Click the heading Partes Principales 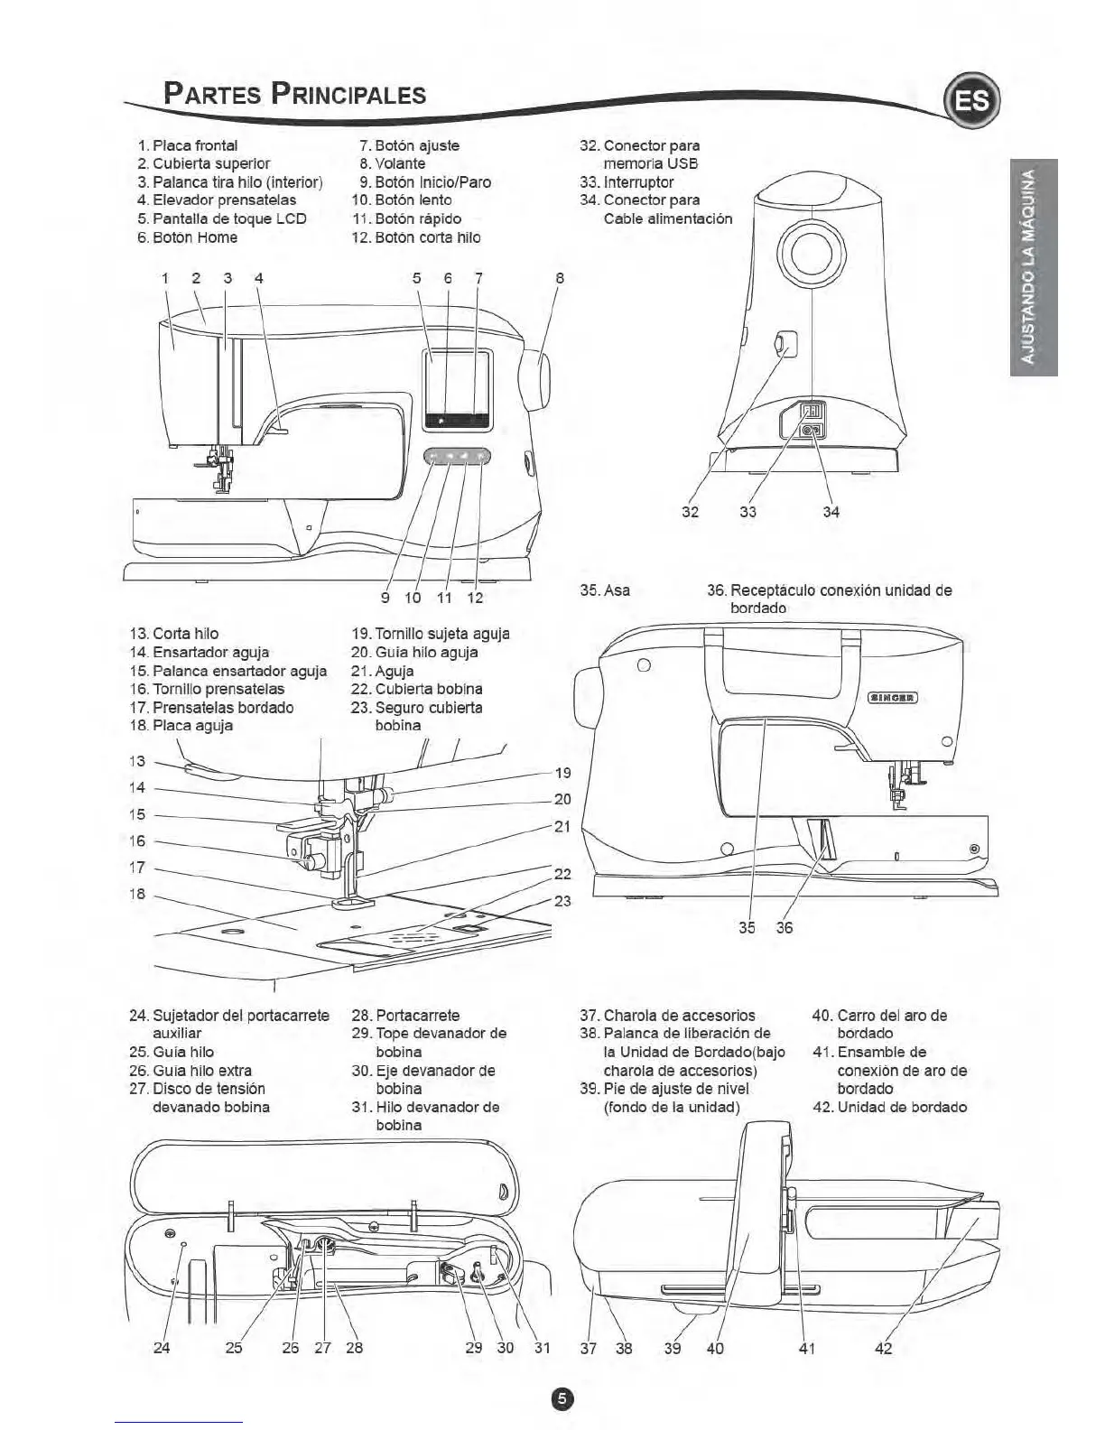pyautogui.click(x=294, y=94)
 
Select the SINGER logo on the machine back pyautogui.click(x=892, y=697)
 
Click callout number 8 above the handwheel pyautogui.click(x=560, y=278)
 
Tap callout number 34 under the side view pyautogui.click(x=831, y=512)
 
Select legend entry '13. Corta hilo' pyautogui.click(x=174, y=634)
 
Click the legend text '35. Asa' pyautogui.click(x=604, y=590)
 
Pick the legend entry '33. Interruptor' pyautogui.click(x=627, y=181)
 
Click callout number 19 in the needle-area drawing pyautogui.click(x=562, y=773)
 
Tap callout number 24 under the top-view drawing pyautogui.click(x=161, y=1348)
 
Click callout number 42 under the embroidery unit pyautogui.click(x=884, y=1348)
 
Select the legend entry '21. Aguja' pyautogui.click(x=383, y=671)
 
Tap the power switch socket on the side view pyautogui.click(x=811, y=411)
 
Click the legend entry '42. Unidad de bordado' pyautogui.click(x=889, y=1107)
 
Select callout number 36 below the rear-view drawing pyautogui.click(x=784, y=927)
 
